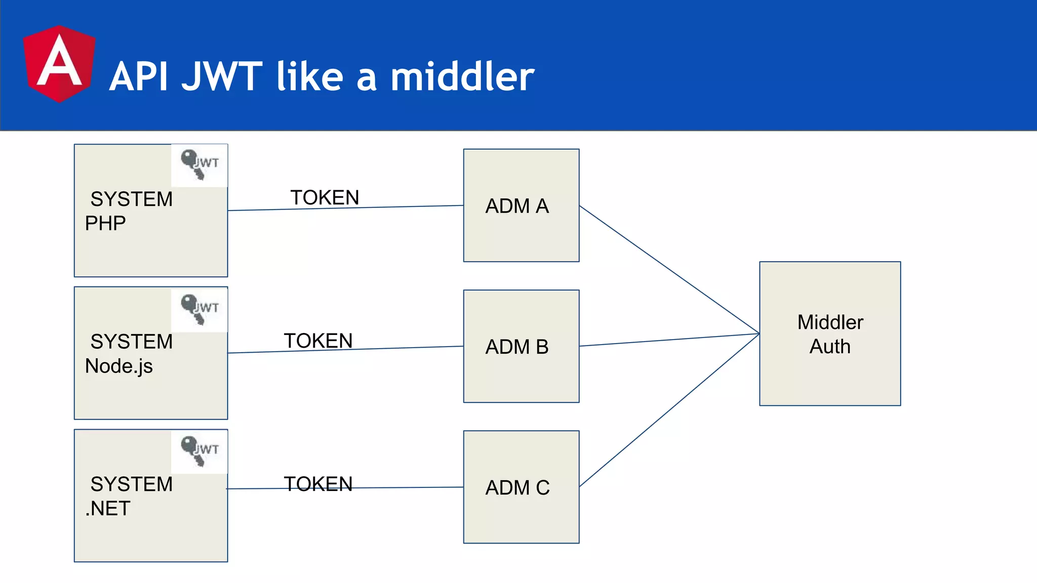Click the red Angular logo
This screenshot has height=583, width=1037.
point(59,64)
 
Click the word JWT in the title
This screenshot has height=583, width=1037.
point(222,77)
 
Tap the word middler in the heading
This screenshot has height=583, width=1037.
point(462,77)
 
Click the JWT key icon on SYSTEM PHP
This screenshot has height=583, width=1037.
point(200,164)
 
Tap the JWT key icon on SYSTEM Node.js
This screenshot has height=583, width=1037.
point(200,309)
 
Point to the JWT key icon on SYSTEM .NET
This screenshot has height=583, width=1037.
point(200,450)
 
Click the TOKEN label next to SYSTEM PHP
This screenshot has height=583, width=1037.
point(325,197)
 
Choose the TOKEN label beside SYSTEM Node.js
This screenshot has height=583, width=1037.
point(318,340)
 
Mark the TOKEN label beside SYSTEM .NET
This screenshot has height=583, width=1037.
point(318,483)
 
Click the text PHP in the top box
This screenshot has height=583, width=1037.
point(105,223)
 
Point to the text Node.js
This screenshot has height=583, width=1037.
point(119,366)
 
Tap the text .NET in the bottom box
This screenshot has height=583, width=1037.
point(108,508)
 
